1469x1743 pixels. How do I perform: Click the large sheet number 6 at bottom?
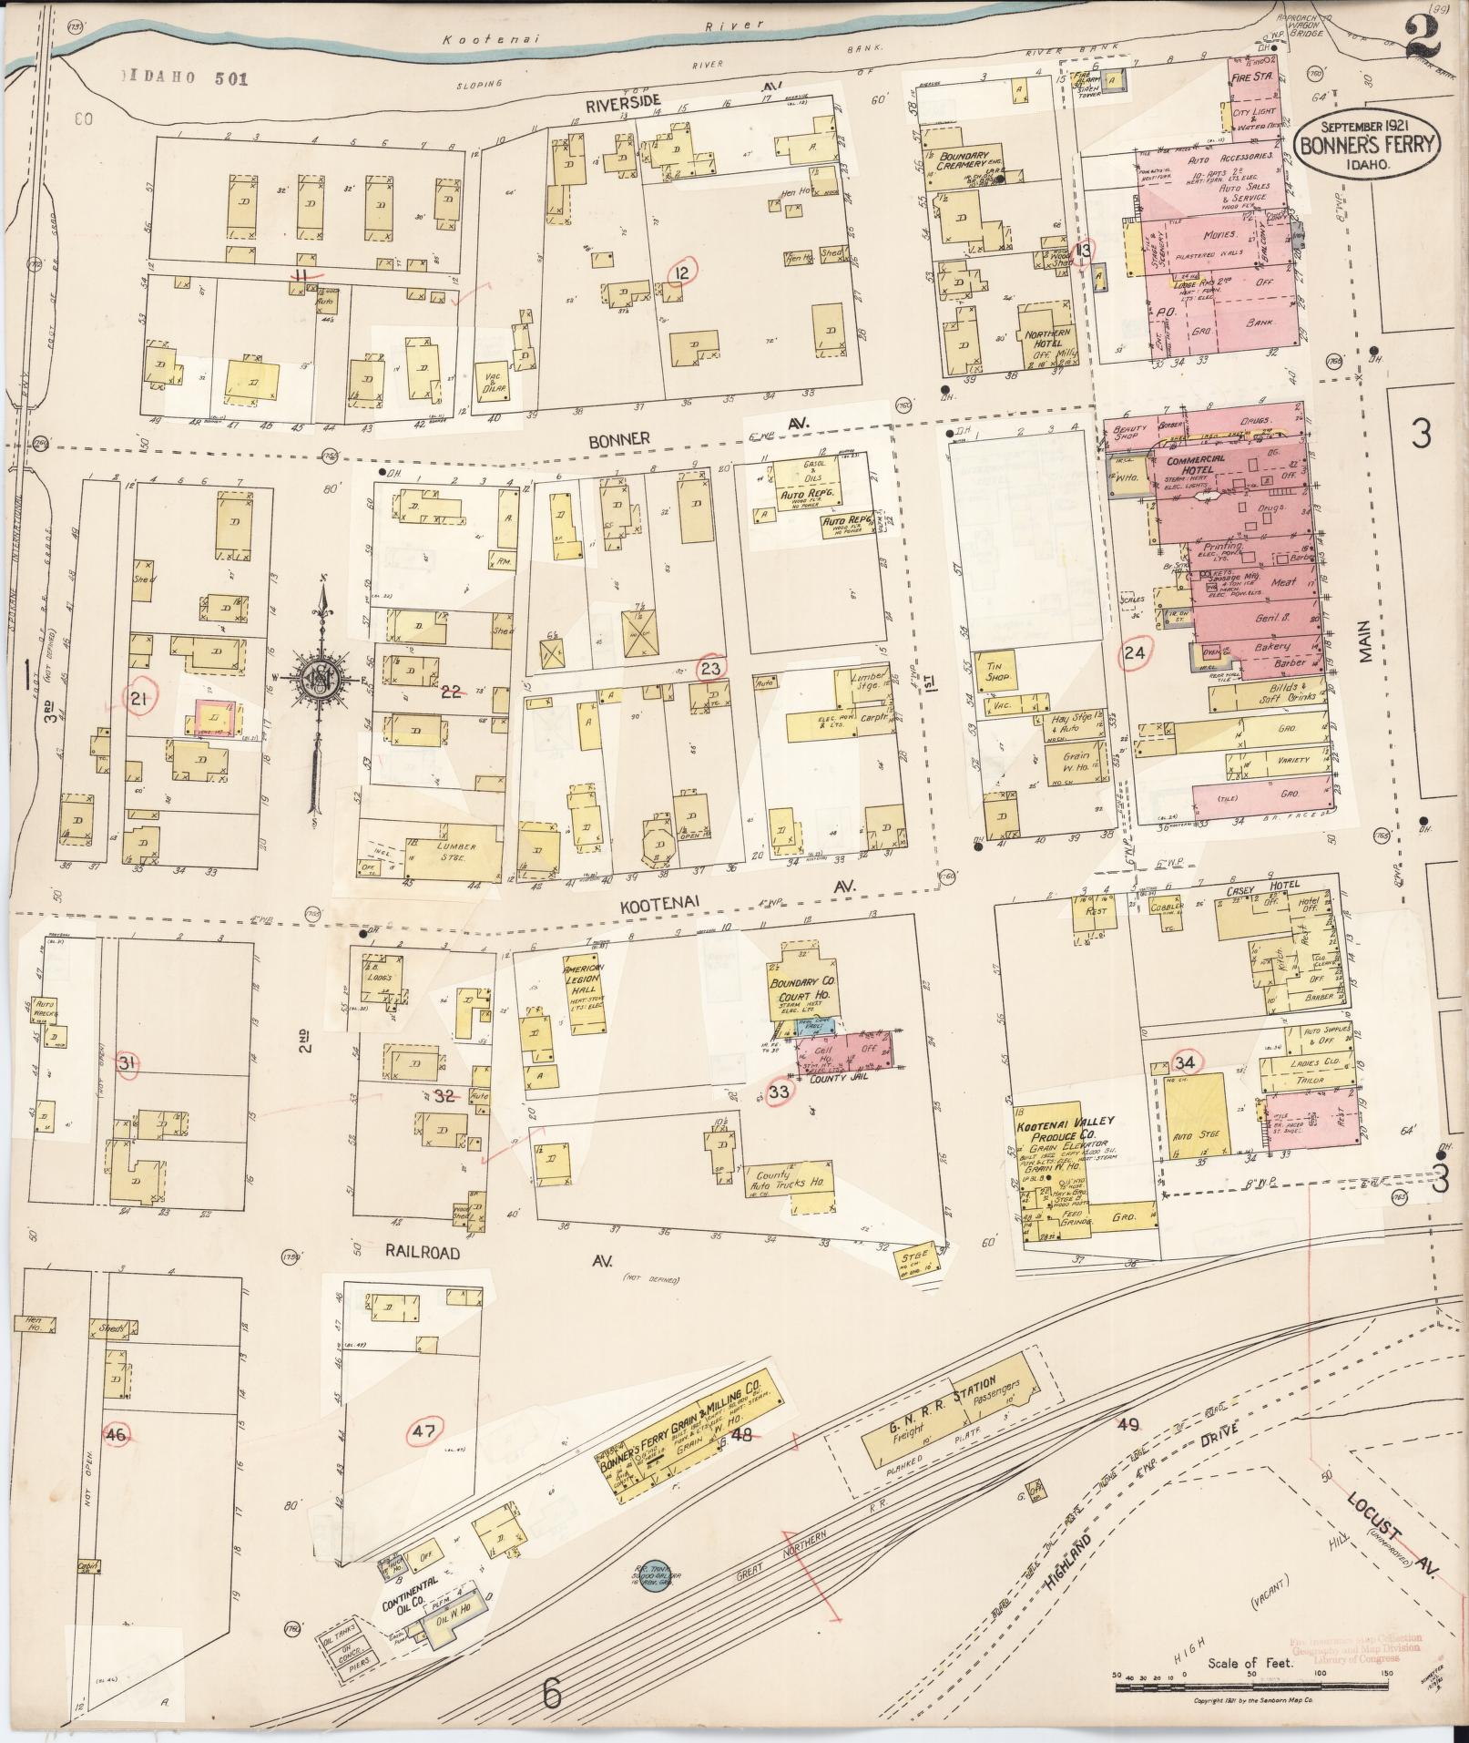tap(551, 1694)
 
